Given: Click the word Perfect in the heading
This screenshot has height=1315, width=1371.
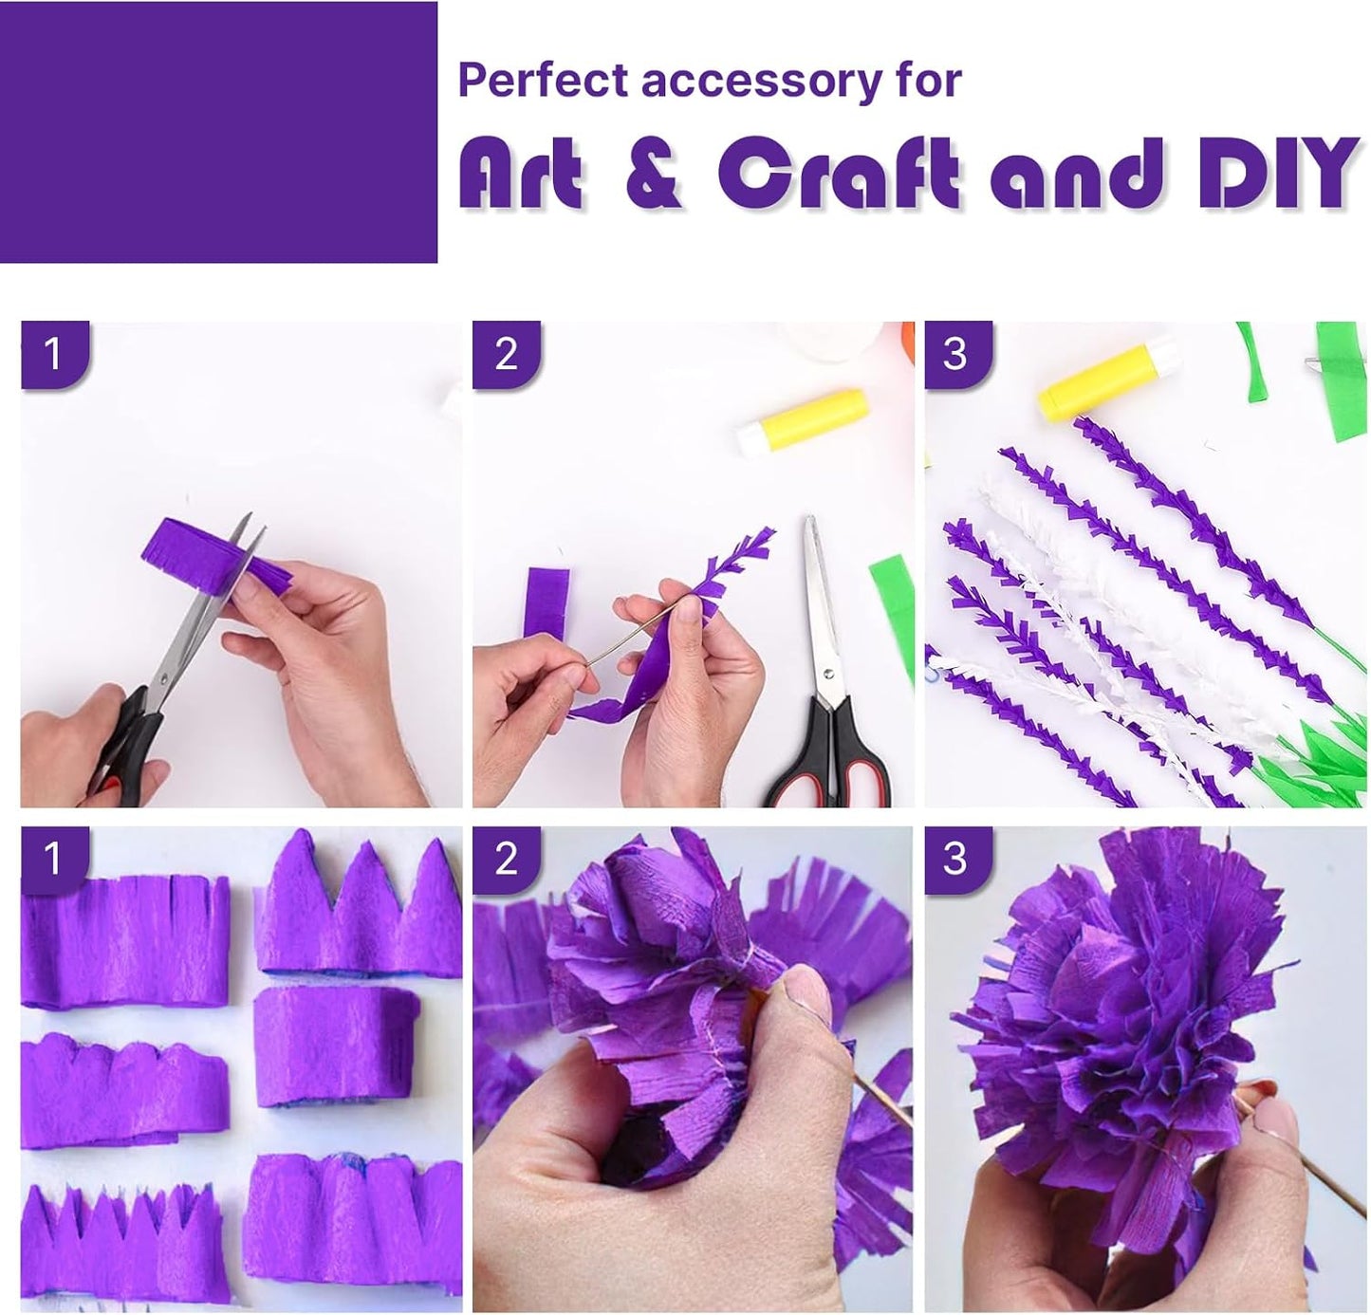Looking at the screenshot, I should pos(545,82).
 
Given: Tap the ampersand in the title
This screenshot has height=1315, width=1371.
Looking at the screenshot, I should pos(654,173).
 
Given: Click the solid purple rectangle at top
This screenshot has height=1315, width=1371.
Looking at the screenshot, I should pos(218,132).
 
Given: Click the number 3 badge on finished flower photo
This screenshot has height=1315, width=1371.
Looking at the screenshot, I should pos(954,859).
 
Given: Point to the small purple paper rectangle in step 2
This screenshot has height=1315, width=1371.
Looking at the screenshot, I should pos(547,602).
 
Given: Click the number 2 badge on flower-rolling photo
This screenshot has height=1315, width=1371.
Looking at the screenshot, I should pos(506,859).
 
